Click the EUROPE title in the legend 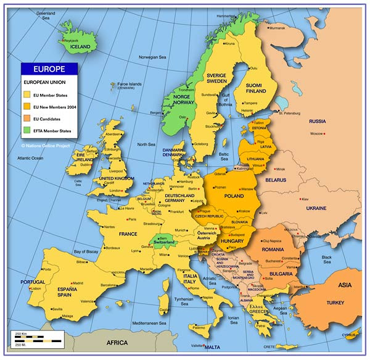pyautogui.click(x=48, y=69)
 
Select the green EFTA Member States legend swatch pyautogui.click(x=27, y=131)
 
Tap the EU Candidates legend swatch pyautogui.click(x=27, y=119)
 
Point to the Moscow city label pyautogui.click(x=317, y=134)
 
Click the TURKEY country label pyautogui.click(x=335, y=303)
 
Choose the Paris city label pyautogui.click(x=132, y=219)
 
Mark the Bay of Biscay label pyautogui.click(x=86, y=251)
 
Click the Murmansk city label pyautogui.click(x=277, y=28)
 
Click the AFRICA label pyautogui.click(x=117, y=342)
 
